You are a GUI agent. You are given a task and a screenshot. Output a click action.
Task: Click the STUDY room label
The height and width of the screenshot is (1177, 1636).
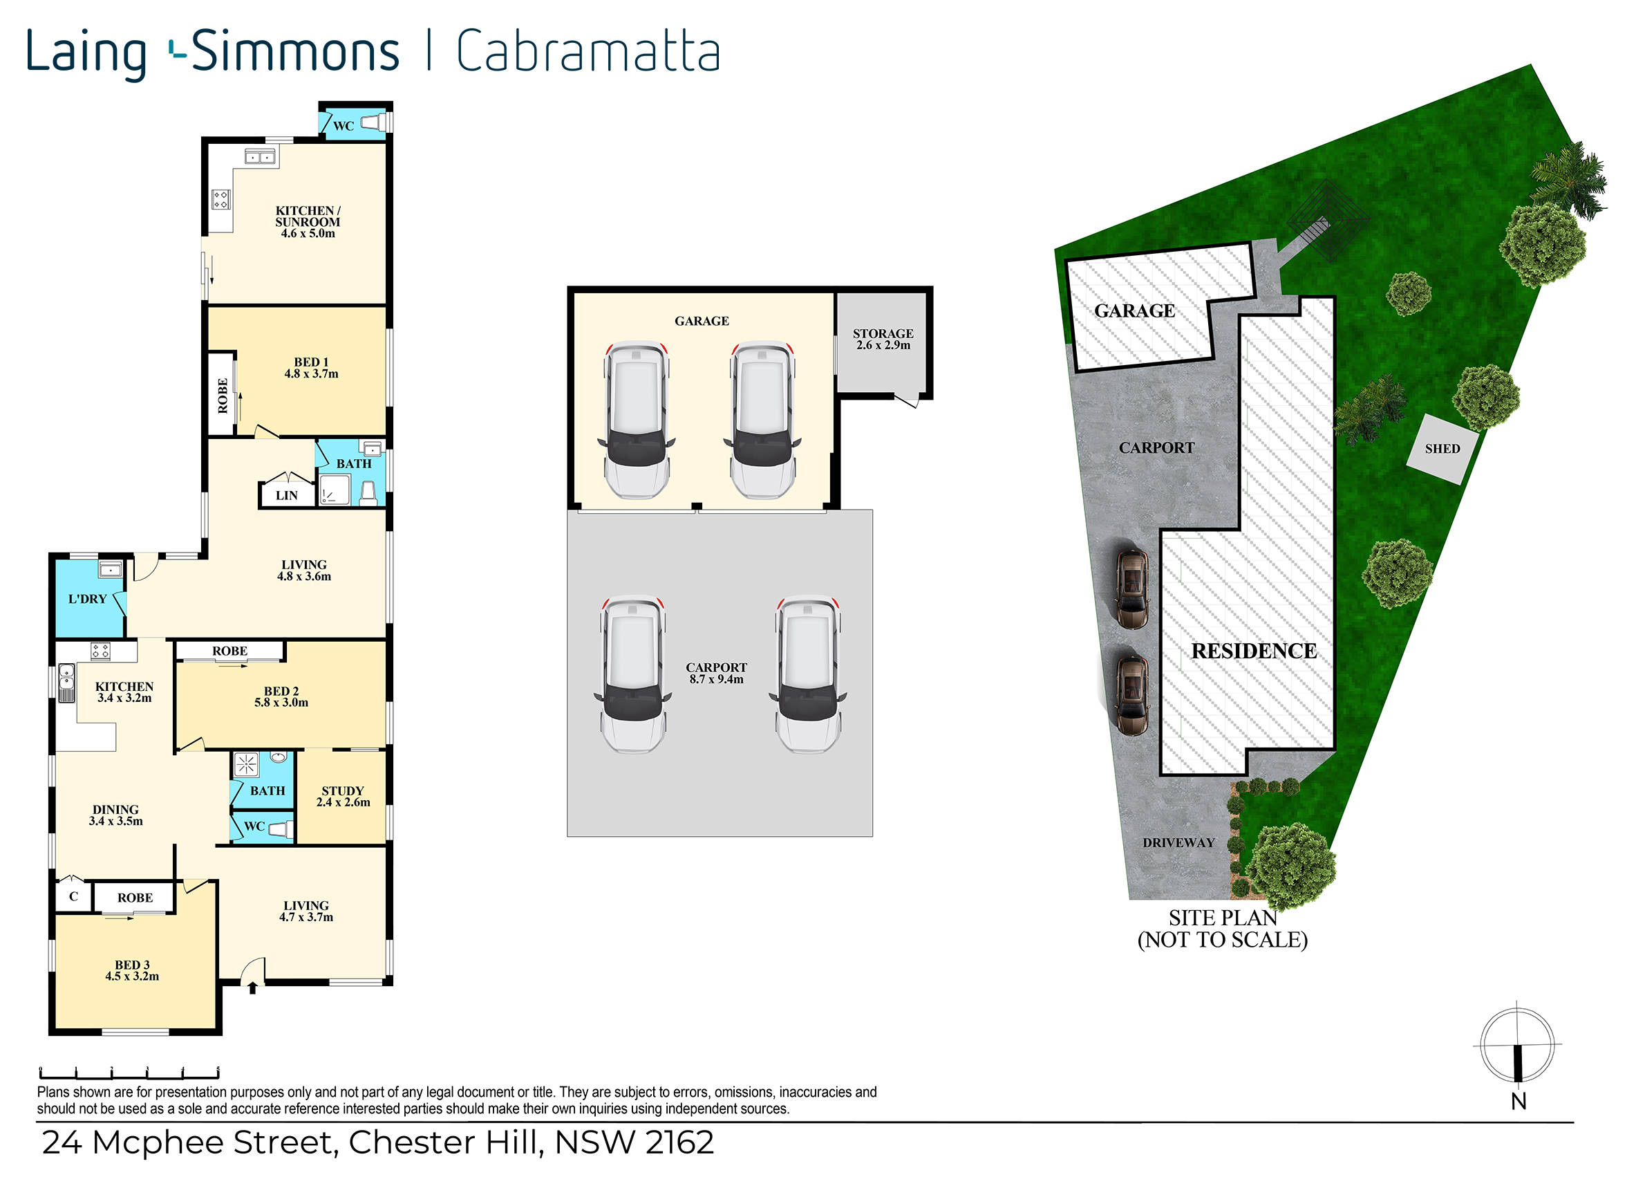point(343,791)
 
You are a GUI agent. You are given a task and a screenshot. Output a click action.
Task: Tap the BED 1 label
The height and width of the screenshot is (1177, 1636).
point(311,362)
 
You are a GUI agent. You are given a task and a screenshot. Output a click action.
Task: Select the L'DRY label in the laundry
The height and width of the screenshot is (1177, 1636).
point(87,599)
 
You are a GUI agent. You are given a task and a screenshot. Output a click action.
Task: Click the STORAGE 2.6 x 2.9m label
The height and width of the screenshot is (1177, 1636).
point(883,339)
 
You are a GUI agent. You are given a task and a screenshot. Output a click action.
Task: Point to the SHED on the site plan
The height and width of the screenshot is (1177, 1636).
point(1442,448)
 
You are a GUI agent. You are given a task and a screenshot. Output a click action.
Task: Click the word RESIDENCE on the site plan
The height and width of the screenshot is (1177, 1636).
point(1254,651)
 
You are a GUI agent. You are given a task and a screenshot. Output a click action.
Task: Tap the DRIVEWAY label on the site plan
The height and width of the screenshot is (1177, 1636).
point(1178,843)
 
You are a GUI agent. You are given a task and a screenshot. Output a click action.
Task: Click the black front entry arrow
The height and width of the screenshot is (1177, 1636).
point(252,988)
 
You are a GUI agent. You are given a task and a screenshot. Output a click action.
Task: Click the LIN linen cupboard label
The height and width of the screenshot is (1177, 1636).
point(286,496)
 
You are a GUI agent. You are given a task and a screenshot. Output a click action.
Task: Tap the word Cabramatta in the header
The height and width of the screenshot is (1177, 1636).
point(588,51)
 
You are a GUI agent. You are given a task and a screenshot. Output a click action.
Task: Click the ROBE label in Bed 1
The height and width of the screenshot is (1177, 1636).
point(223,396)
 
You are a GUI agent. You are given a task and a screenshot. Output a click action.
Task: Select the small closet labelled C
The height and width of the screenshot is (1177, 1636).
point(73,897)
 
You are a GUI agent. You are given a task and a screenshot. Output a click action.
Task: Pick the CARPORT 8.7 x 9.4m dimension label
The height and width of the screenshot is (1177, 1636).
point(716,674)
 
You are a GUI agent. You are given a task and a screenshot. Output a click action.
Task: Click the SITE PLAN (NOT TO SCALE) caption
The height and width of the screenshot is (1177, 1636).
point(1223,929)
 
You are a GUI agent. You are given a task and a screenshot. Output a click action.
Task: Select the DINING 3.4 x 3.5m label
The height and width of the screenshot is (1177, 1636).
point(115,815)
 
